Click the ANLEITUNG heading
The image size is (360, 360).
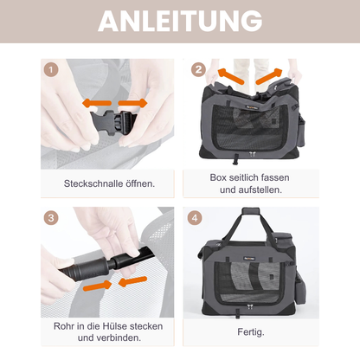click(179, 21)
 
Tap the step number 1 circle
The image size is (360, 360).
click(51, 69)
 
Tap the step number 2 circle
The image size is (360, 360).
click(197, 69)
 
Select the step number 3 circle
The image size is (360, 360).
click(51, 218)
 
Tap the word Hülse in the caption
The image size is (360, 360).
click(116, 325)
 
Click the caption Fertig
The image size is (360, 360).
click(253, 332)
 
